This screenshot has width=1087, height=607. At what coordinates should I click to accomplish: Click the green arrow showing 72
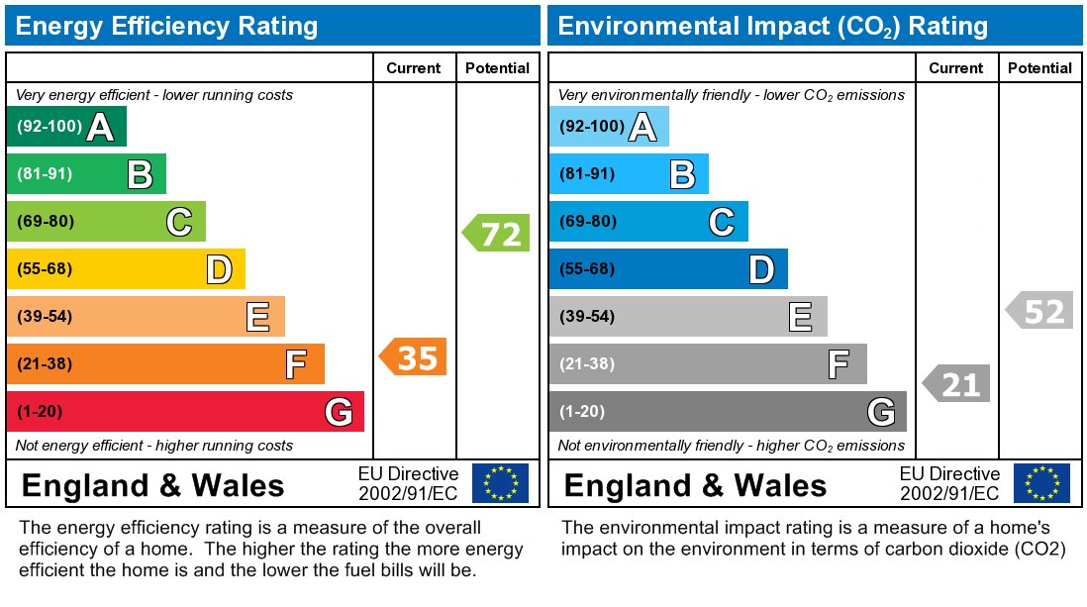[497, 234]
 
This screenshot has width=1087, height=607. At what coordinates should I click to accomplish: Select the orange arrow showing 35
[414, 356]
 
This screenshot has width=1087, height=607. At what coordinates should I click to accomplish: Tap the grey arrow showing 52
[1040, 312]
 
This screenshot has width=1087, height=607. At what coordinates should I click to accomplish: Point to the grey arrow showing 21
[957, 383]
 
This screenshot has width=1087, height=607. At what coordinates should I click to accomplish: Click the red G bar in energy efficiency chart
[185, 412]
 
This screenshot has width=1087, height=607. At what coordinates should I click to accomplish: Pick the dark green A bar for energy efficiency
[66, 127]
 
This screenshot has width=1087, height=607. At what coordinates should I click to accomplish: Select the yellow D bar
[126, 269]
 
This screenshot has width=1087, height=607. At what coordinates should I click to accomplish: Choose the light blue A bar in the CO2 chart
[609, 127]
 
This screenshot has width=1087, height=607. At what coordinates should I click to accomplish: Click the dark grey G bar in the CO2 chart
[728, 412]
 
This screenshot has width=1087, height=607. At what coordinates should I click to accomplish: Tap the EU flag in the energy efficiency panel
[500, 483]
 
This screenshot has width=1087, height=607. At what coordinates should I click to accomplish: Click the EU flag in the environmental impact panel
[1041, 483]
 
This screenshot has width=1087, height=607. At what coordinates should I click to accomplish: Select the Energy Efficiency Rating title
[167, 26]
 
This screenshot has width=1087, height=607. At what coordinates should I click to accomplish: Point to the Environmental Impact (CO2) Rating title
[773, 26]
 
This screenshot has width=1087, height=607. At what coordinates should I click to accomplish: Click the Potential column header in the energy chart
[497, 68]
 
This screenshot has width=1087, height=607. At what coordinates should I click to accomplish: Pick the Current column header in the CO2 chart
[956, 68]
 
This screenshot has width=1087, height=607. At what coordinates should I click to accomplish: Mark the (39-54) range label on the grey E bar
[587, 317]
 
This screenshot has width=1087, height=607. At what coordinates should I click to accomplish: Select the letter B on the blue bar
[682, 174]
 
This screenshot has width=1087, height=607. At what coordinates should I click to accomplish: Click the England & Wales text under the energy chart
[152, 486]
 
